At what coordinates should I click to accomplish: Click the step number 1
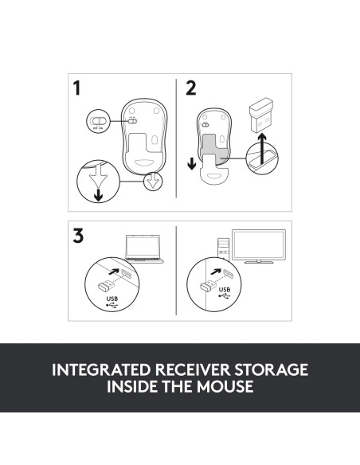(78, 89)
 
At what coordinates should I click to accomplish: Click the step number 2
(190, 89)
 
